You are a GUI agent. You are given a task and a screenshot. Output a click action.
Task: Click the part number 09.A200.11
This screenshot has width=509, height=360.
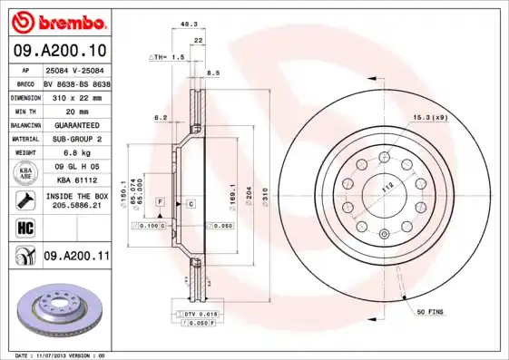click(76, 258)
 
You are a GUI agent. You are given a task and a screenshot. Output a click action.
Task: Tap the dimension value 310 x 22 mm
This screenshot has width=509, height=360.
click(75, 96)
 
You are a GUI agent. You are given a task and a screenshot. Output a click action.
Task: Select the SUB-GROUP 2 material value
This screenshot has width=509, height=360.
click(75, 139)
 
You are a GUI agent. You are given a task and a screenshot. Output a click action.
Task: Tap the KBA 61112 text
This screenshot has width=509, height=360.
click(75, 181)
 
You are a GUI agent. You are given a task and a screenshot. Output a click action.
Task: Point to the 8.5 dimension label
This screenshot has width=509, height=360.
click(214, 72)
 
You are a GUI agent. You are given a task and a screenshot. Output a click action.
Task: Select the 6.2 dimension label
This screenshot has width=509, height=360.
click(162, 118)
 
